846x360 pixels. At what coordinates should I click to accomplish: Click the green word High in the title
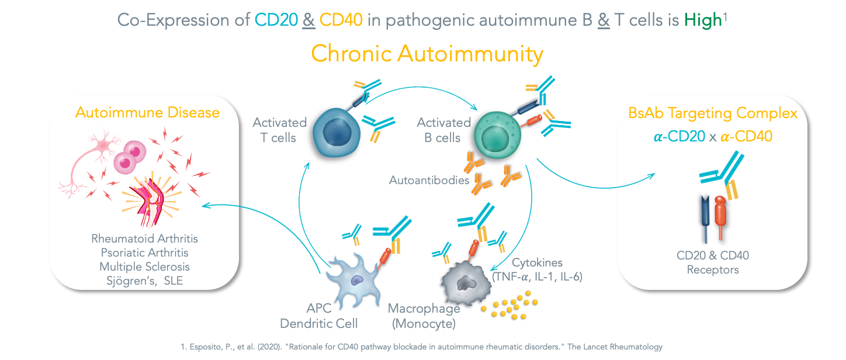[x=703, y=21]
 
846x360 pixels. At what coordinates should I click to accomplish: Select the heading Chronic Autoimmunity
[x=427, y=54]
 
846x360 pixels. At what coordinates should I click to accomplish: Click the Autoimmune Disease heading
[x=147, y=112]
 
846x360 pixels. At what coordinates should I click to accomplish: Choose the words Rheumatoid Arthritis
[x=144, y=238]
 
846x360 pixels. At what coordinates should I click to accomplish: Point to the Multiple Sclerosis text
[x=144, y=266]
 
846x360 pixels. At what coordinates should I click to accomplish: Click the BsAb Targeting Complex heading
[x=713, y=113]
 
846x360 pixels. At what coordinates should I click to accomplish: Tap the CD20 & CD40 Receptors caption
[x=713, y=262]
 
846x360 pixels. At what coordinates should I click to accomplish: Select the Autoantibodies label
[x=429, y=180]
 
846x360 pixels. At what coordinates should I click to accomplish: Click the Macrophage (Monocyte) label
[x=424, y=315]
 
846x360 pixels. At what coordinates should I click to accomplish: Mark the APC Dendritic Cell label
[x=319, y=315]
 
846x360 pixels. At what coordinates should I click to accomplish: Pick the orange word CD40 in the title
[x=341, y=21]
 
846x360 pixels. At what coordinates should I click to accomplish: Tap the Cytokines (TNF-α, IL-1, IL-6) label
[x=538, y=269]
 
